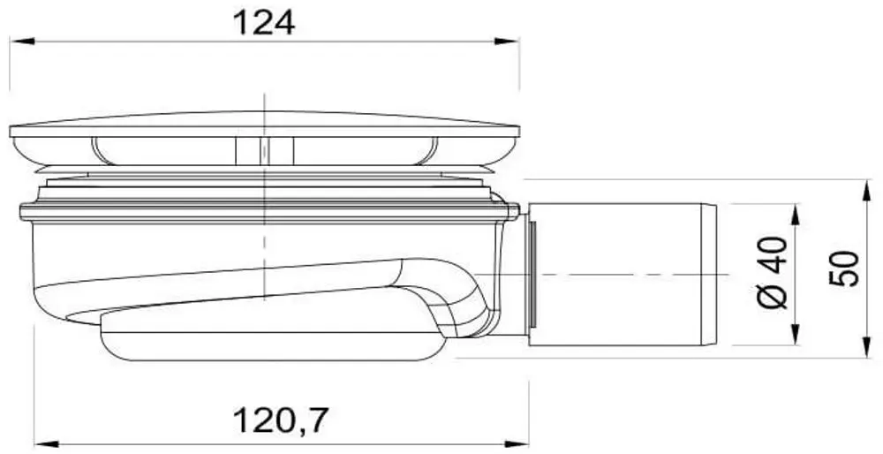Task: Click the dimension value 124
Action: (263, 23)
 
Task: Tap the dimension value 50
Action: (844, 269)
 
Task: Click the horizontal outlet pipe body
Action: (618, 274)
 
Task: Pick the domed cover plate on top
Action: (265, 125)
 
